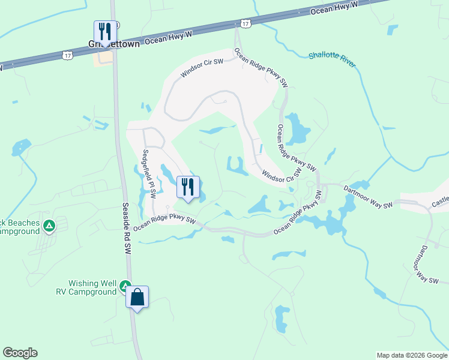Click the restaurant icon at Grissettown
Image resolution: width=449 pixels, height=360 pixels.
(104, 32)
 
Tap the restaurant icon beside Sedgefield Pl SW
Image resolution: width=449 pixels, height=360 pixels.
(188, 188)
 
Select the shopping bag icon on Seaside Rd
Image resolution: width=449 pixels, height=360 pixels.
(137, 297)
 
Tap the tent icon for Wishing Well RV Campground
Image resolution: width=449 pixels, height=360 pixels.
(125, 286)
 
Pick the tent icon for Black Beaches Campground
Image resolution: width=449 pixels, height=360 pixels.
(49, 226)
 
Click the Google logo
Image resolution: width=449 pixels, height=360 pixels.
(20, 353)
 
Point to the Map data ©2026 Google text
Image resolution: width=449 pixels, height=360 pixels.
(412, 355)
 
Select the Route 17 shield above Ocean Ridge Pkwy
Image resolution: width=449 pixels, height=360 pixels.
(245, 23)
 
